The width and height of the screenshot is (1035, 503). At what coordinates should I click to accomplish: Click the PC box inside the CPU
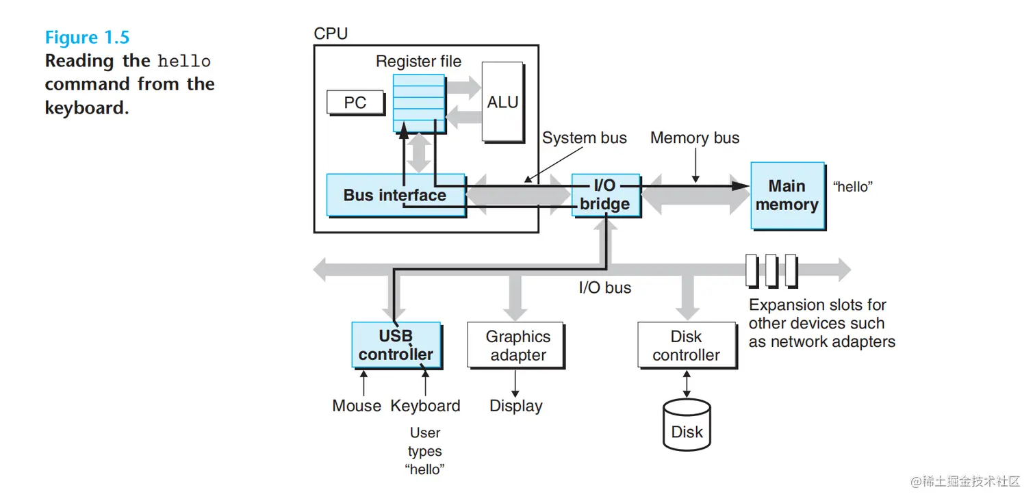355,103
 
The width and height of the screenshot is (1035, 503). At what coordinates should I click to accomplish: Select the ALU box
502,102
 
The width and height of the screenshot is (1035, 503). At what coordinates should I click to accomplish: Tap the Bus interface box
395,195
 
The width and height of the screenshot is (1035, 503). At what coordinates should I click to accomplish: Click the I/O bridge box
605,195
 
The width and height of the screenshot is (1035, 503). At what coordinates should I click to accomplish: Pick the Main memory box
787,195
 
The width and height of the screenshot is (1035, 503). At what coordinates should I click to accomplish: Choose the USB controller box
396,346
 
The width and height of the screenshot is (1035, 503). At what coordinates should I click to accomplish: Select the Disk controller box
686,346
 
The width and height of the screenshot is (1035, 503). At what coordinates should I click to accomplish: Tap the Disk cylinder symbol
687,424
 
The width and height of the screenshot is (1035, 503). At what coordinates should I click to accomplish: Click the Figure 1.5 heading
87,37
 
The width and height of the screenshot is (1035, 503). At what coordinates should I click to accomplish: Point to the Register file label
418,62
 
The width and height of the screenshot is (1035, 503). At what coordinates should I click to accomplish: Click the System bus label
585,138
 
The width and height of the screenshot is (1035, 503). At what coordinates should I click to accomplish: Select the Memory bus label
695,138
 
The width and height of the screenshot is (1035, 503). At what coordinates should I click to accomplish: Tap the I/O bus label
605,288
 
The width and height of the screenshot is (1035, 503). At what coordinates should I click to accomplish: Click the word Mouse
357,406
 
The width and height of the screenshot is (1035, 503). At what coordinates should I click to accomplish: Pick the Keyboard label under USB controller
425,406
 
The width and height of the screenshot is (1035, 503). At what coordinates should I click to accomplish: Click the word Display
516,406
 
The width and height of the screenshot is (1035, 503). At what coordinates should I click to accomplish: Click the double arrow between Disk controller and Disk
687,384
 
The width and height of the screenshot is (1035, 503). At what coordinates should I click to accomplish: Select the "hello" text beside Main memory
852,187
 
